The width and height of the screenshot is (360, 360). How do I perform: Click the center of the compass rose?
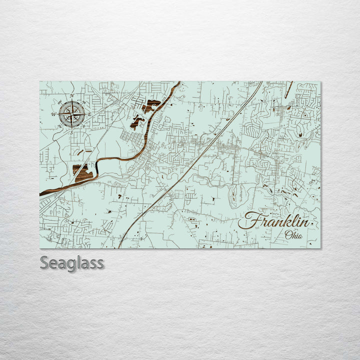tap(71, 113)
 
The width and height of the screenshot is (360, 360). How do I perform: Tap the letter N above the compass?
tap(72, 95)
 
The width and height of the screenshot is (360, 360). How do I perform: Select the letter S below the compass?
tap(71, 132)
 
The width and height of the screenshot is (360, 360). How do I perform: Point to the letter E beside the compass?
tap(89, 114)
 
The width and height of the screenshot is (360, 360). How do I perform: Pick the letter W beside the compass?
tap(53, 113)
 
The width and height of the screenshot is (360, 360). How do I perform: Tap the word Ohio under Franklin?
tap(293, 234)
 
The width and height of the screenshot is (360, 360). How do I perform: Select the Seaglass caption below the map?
tap(72, 262)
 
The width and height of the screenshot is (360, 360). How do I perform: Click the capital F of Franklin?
tap(250, 220)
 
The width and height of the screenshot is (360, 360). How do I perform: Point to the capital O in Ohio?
tap(287, 234)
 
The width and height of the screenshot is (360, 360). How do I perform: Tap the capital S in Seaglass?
tap(45, 262)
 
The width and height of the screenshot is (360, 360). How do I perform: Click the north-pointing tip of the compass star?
tap(72, 101)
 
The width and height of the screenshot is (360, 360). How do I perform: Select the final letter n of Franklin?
tap(304, 223)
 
